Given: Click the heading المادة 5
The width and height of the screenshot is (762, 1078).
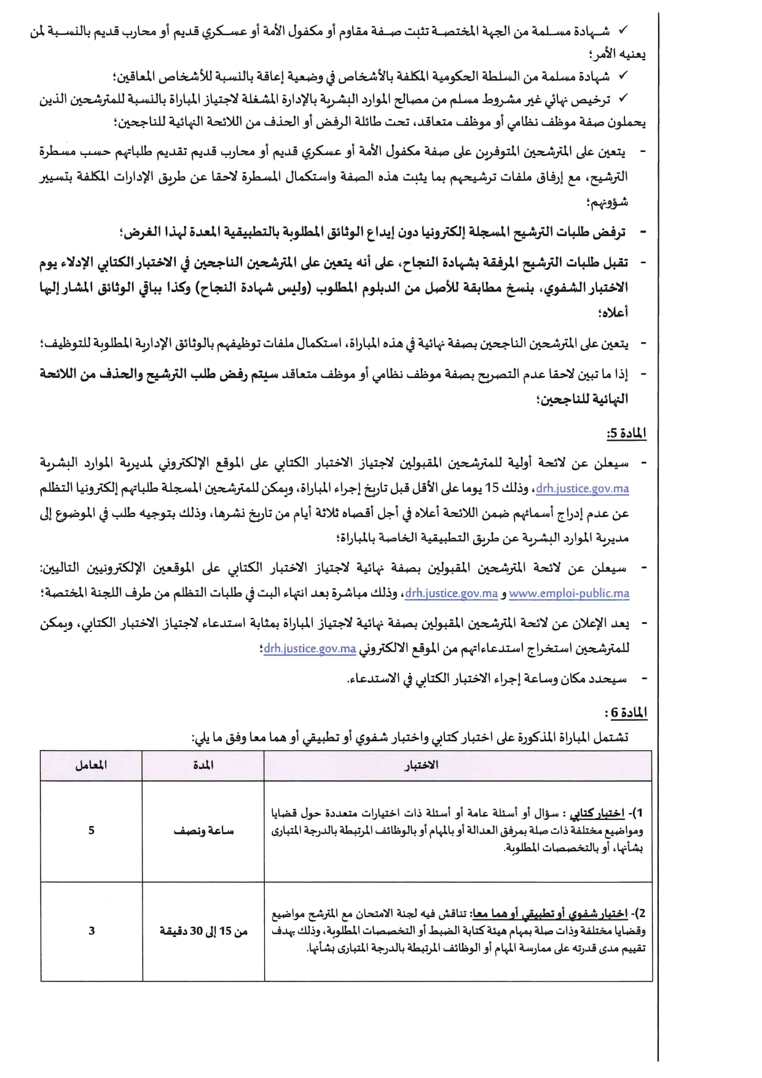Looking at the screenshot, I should (626, 434).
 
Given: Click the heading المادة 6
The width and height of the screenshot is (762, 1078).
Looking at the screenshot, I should (626, 712).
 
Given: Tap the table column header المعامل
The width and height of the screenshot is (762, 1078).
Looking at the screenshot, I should (91, 765).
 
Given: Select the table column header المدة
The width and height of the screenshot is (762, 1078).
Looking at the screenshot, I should (203, 765).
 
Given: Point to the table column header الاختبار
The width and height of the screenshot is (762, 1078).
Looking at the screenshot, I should (422, 765).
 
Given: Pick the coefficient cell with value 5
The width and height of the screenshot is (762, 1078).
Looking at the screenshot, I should (92, 830).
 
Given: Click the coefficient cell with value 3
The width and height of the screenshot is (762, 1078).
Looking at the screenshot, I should (92, 930).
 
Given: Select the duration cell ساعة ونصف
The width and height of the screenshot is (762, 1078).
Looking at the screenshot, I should (203, 831).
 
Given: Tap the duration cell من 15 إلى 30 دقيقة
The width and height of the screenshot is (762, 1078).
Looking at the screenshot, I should (203, 931).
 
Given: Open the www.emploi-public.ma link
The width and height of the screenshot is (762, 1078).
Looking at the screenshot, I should (569, 594).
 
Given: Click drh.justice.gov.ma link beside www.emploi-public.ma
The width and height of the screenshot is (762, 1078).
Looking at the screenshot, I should (451, 594).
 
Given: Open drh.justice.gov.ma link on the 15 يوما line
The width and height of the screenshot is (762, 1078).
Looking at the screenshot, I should (583, 489).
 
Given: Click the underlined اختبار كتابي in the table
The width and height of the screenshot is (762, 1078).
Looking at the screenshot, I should (597, 814).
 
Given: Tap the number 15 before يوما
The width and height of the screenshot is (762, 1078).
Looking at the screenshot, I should (492, 489).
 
